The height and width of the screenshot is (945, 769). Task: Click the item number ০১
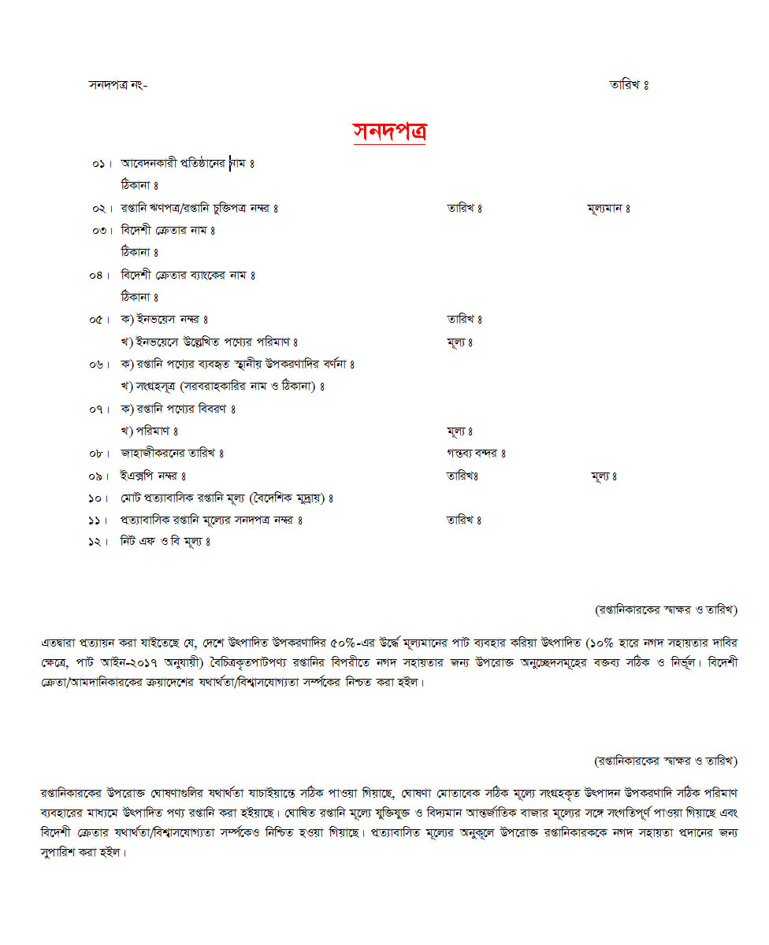(x=99, y=164)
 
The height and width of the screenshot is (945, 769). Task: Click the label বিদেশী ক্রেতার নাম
(x=167, y=231)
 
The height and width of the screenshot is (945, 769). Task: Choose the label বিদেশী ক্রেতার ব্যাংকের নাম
(x=188, y=275)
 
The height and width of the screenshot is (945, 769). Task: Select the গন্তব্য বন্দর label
(x=475, y=454)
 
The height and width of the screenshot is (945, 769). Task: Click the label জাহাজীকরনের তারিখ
(x=172, y=454)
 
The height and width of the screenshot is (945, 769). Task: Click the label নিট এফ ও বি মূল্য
(x=165, y=542)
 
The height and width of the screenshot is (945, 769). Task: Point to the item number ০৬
(x=99, y=365)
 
